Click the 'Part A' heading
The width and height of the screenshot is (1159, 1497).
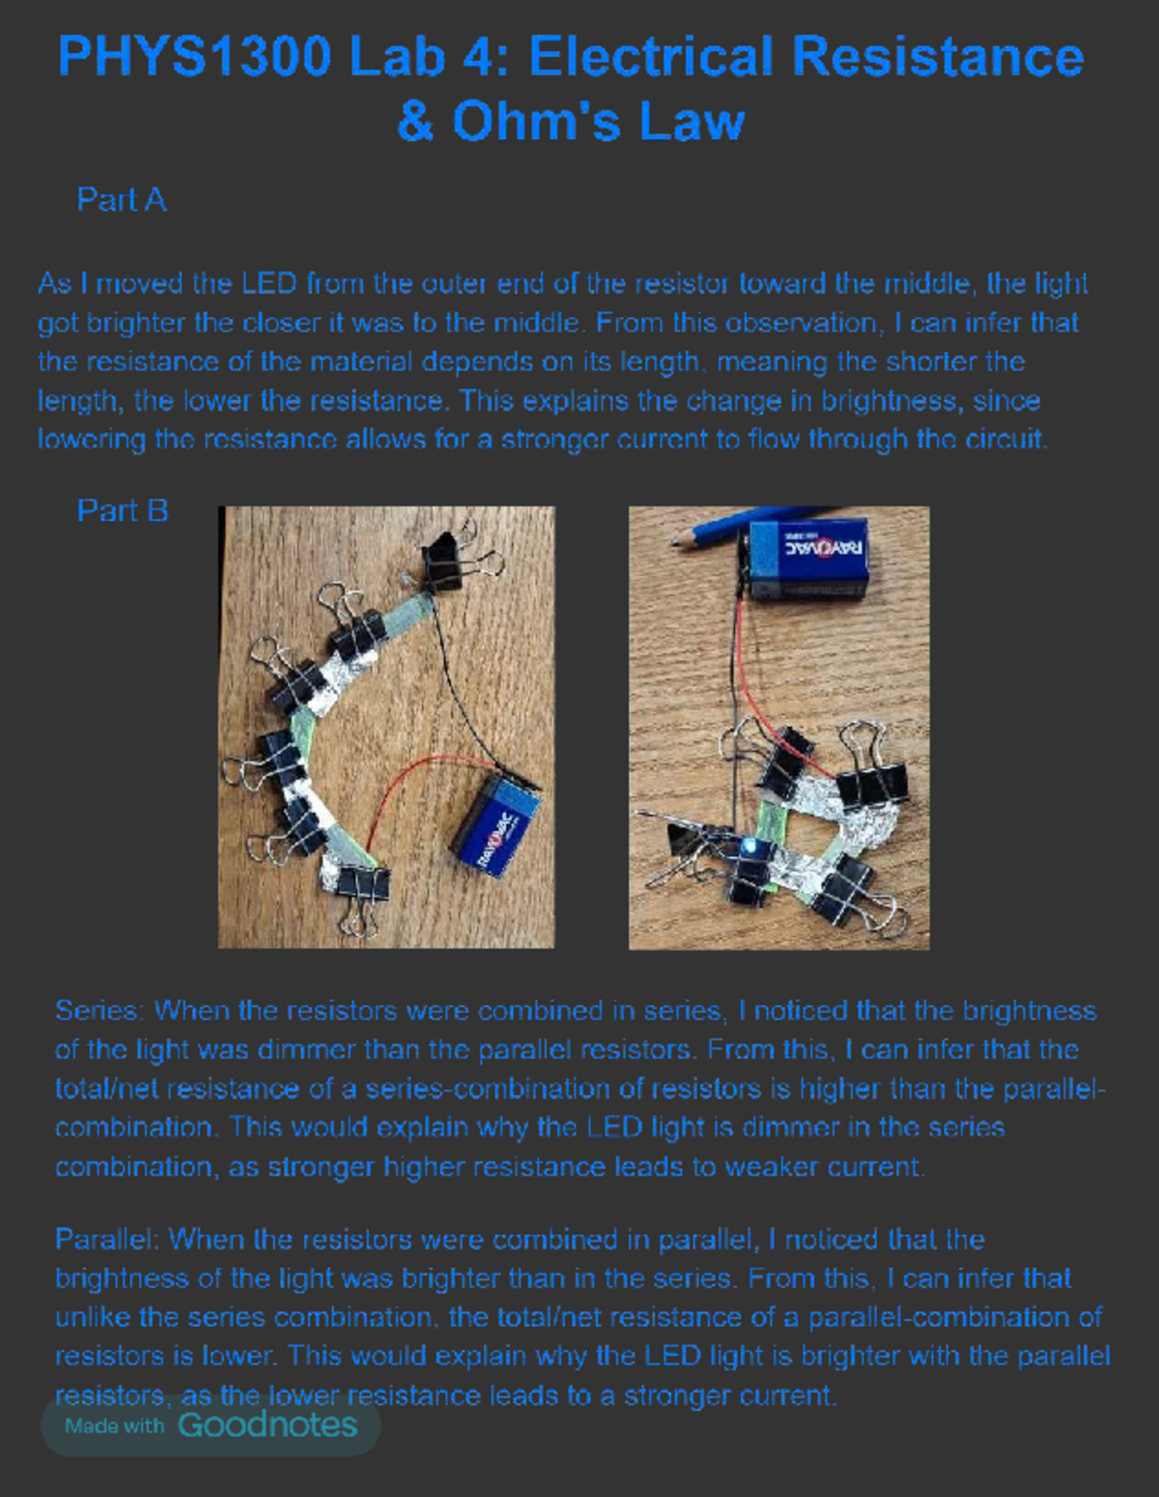[121, 200]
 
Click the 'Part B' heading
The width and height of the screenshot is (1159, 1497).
[123, 510]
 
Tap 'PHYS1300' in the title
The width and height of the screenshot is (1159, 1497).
[194, 56]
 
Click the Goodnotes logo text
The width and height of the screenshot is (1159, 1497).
[268, 1425]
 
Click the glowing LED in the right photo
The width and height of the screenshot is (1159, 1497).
[750, 847]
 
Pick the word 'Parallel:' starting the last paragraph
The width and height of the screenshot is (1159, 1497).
[106, 1239]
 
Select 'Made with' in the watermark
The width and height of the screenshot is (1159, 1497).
[114, 1425]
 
